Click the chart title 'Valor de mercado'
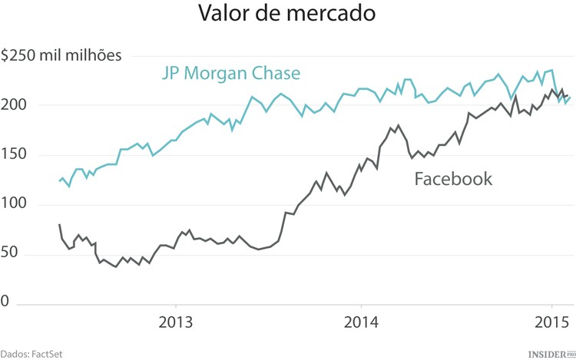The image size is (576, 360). tap(288, 15)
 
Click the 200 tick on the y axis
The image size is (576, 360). tap(14, 104)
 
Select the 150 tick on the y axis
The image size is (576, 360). tap(14, 154)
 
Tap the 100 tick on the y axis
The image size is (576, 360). tap(14, 204)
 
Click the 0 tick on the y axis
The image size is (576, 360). tap(5, 303)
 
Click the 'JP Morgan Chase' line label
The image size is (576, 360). tap(230, 74)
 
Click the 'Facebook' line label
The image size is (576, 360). tap(453, 180)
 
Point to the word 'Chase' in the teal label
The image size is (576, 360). tap(276, 74)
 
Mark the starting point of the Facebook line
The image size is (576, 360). tap(59, 224)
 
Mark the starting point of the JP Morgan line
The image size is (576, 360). tap(59, 181)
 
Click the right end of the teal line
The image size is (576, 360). tap(571, 97)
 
